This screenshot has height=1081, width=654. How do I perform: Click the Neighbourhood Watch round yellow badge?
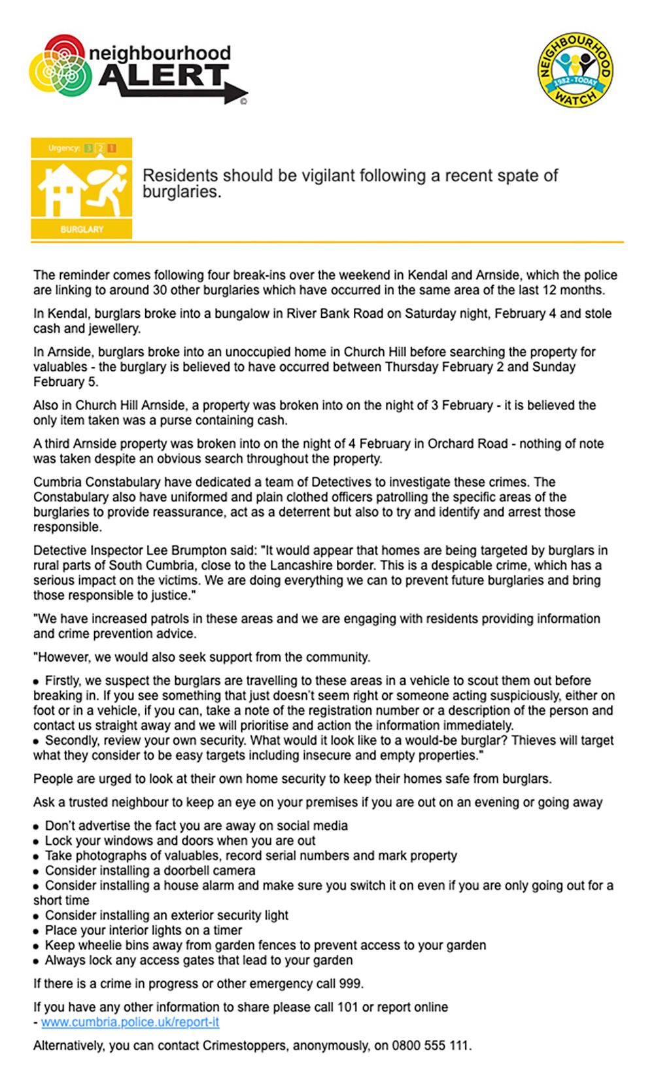(575, 69)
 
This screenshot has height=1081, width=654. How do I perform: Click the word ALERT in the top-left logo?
(163, 77)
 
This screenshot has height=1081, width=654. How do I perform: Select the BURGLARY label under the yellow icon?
(82, 230)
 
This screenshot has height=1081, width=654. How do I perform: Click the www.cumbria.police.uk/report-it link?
(130, 1022)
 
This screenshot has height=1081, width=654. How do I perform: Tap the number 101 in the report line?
(348, 1007)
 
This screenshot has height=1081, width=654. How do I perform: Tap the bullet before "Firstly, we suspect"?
(37, 681)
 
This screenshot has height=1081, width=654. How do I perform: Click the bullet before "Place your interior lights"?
(37, 931)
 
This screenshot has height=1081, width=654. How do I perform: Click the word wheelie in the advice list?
(101, 946)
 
